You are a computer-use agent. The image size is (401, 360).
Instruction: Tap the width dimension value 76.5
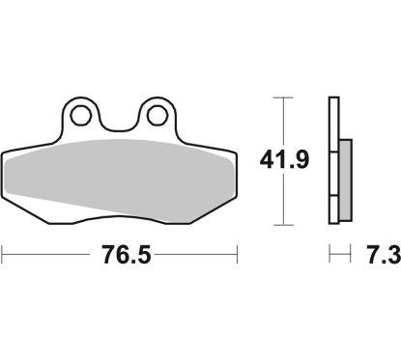click(119, 257)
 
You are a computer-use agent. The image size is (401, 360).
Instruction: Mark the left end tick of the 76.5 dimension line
click(3, 257)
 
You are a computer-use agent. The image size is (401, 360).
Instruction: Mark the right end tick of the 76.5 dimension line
click(237, 257)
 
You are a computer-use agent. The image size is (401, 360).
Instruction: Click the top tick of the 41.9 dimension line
click(281, 97)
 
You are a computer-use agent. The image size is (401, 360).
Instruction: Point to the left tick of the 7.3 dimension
click(330, 257)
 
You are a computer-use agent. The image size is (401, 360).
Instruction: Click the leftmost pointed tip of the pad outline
click(4, 157)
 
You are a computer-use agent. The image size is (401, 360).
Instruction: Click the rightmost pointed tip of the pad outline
click(236, 157)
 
